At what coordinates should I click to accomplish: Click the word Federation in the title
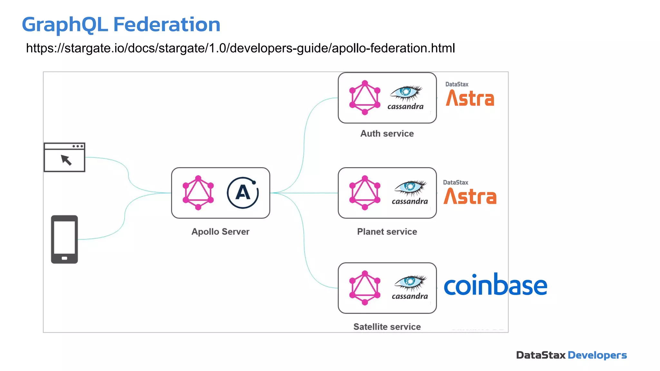pyautogui.click(x=167, y=25)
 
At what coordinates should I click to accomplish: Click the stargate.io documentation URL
pyautogui.click(x=240, y=48)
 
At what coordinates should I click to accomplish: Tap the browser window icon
pyautogui.click(x=64, y=157)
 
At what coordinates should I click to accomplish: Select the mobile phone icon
pyautogui.click(x=64, y=239)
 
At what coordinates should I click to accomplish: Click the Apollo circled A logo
pyautogui.click(x=243, y=193)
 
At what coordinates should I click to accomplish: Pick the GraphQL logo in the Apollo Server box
pyautogui.click(x=198, y=193)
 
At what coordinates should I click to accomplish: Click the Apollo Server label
pyautogui.click(x=220, y=232)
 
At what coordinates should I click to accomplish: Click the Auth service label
pyautogui.click(x=387, y=133)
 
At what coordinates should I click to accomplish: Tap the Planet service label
pyautogui.click(x=387, y=232)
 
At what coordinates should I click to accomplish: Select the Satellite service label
pyautogui.click(x=387, y=327)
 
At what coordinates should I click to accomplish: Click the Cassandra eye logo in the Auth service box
pyautogui.click(x=406, y=93)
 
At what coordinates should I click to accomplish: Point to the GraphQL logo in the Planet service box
pyautogui.click(x=365, y=193)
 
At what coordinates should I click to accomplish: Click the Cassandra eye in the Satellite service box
pyautogui.click(x=410, y=282)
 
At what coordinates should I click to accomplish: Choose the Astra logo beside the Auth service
pyautogui.click(x=470, y=98)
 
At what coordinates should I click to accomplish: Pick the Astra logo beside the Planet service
pyautogui.click(x=470, y=196)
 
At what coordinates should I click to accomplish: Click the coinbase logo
pyautogui.click(x=495, y=285)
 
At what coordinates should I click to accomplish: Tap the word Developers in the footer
pyautogui.click(x=597, y=355)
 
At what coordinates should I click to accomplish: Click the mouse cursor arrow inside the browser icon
pyautogui.click(x=66, y=160)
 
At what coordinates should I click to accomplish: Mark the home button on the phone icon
pyautogui.click(x=64, y=258)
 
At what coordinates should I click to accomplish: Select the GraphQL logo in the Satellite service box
pyautogui.click(x=365, y=288)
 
